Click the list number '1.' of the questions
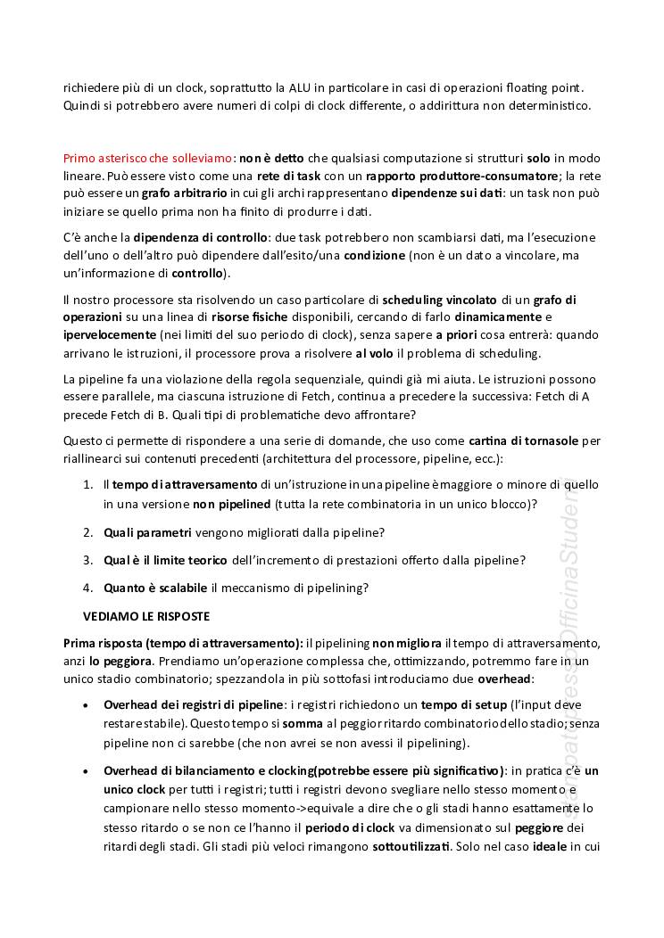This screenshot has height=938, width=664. (88, 484)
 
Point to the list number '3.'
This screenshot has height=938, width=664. (88, 560)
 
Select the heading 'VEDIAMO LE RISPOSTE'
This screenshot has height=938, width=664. (146, 615)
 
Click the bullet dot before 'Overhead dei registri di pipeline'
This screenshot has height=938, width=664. (84, 705)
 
